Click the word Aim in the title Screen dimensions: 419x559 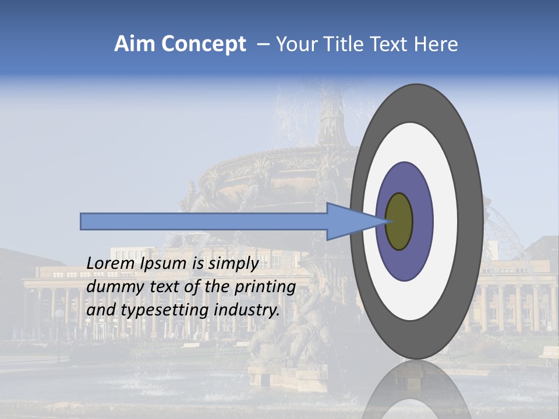135,44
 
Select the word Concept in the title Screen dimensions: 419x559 204,44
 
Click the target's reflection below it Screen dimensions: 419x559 416,390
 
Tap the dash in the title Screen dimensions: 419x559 263,44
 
